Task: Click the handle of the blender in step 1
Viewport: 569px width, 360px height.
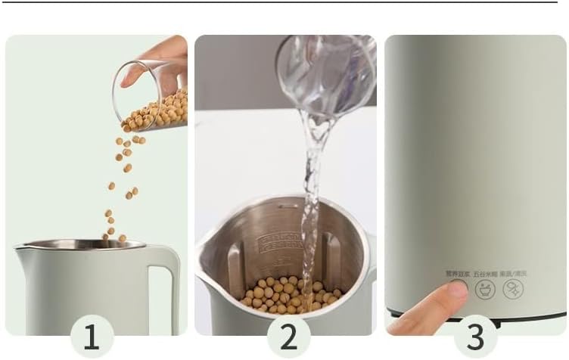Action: tap(164, 287)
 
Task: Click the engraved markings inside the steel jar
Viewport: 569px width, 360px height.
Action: tap(279, 243)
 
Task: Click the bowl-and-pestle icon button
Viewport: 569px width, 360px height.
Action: tap(485, 288)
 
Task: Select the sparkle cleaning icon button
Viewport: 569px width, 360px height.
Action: tap(513, 288)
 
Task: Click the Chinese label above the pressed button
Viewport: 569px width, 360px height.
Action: tap(456, 275)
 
